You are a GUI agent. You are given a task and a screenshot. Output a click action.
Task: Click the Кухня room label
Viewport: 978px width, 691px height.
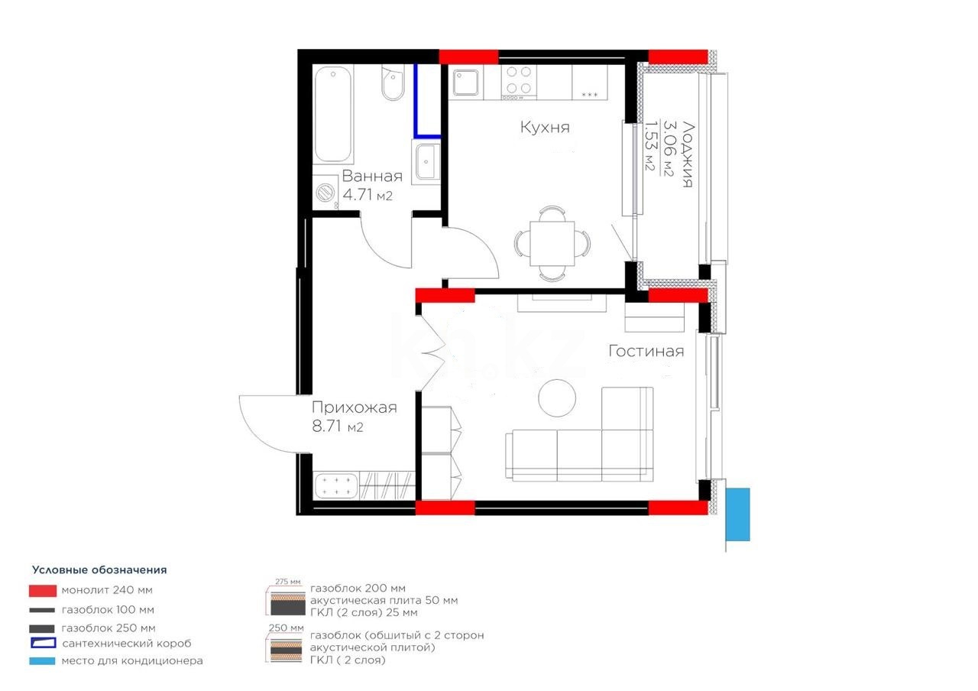pos(545,127)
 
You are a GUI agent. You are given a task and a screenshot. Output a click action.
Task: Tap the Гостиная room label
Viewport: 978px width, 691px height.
pos(646,351)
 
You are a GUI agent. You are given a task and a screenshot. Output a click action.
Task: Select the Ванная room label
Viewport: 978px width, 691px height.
pos(371,177)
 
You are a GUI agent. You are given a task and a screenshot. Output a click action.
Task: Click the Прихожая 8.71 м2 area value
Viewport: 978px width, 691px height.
pos(337,427)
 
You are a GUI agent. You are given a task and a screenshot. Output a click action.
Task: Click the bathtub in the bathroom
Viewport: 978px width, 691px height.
pos(334,114)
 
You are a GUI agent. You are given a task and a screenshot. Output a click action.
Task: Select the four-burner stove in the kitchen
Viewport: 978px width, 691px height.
pos(518,82)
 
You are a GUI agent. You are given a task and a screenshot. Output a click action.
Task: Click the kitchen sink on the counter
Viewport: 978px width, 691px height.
pos(465,82)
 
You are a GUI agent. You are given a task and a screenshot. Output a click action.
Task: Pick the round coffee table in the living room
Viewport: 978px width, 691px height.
pos(557,397)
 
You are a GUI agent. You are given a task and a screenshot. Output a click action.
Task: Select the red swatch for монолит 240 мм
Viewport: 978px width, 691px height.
pos(42,590)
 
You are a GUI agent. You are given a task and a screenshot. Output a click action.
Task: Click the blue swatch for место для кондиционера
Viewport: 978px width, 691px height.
pos(42,660)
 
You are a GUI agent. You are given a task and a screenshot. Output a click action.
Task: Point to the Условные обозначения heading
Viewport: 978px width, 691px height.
pos(99,569)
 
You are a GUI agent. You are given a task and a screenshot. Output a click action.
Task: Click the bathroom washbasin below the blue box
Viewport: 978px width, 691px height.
pos(426,161)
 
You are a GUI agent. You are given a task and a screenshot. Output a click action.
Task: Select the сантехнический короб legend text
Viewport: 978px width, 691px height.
pos(126,644)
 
